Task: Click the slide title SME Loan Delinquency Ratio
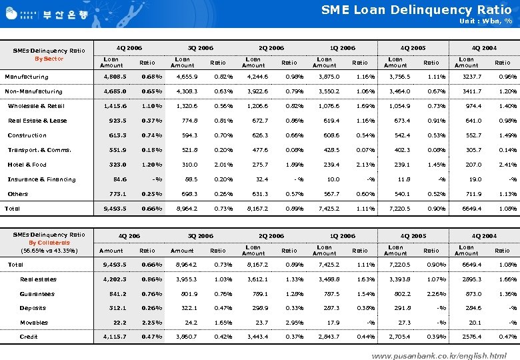click(x=416, y=9)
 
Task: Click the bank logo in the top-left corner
click(x=50, y=13)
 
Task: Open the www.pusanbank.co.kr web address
click(x=439, y=355)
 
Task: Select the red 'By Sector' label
click(x=49, y=59)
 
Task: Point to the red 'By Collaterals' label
click(x=49, y=243)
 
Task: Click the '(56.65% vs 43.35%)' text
click(x=49, y=251)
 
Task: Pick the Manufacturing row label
click(x=27, y=77)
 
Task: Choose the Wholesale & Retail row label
click(x=36, y=106)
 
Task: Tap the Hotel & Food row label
click(x=27, y=165)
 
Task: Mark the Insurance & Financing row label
click(x=41, y=179)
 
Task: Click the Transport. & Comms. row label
click(x=39, y=150)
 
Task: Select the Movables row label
click(x=33, y=323)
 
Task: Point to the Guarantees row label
click(x=37, y=294)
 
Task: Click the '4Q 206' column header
click(x=129, y=236)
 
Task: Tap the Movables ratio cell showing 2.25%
click(x=151, y=323)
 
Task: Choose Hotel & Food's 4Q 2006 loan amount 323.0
click(x=117, y=165)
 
